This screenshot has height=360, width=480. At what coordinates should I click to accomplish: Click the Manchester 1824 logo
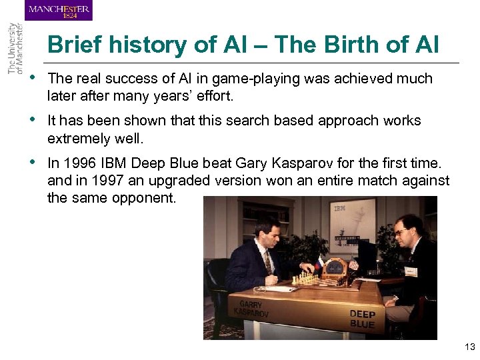click(59, 11)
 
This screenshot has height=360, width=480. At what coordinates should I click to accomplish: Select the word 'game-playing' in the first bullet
click(263, 79)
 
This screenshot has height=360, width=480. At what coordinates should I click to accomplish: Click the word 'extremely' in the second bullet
click(77, 138)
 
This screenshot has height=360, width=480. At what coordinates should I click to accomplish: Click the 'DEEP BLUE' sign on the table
click(362, 319)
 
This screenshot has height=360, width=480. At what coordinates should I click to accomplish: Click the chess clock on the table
click(333, 268)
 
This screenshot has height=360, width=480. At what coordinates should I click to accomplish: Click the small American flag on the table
click(355, 264)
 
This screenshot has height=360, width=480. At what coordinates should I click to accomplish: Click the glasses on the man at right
click(400, 232)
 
